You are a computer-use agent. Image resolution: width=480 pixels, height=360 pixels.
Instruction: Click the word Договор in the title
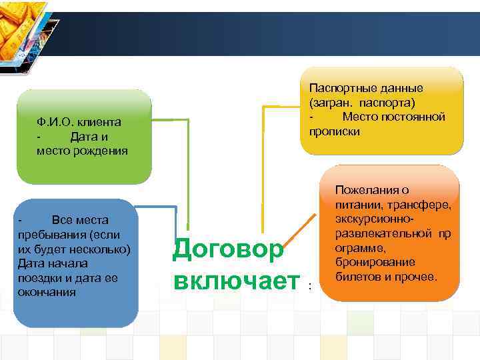click(x=227, y=249)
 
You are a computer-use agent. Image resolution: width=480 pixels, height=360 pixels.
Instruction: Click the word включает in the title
click(x=235, y=280)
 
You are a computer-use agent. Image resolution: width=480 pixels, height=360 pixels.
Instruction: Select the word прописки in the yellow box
click(x=335, y=131)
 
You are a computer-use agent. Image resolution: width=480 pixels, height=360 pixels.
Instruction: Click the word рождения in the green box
click(x=101, y=151)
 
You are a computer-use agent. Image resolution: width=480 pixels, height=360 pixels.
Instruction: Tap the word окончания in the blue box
click(x=47, y=292)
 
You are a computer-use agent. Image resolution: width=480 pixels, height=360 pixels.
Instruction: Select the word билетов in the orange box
click(x=357, y=276)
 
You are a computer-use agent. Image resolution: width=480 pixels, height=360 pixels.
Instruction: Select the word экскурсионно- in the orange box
click(x=375, y=219)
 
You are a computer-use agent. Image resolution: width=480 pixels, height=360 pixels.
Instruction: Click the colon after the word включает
click(x=309, y=286)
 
